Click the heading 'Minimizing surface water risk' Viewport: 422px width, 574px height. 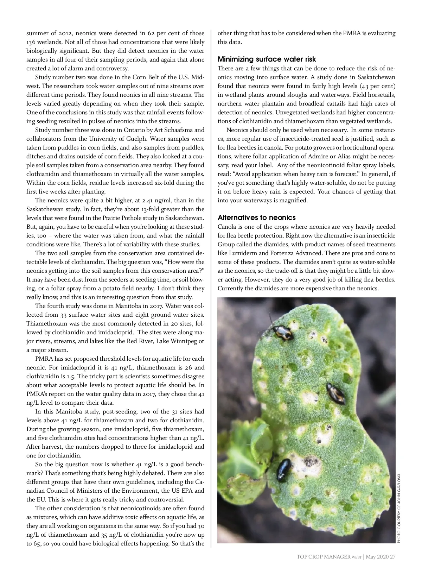coord(267,59)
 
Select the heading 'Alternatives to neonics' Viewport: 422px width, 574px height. coord(257,217)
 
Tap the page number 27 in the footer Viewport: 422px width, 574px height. coord(392,557)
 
